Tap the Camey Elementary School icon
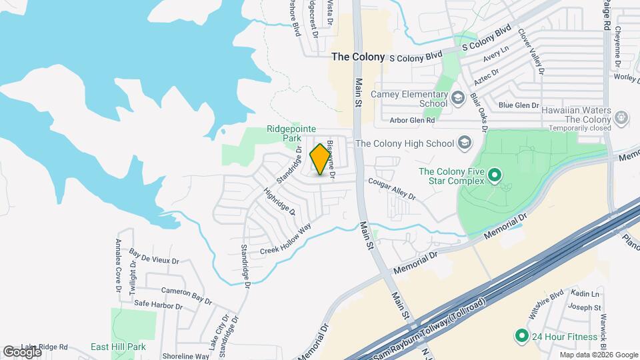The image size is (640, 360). (457, 99)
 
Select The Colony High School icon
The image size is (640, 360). (465, 143)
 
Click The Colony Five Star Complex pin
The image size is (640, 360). (494, 176)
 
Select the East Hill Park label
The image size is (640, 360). (118, 347)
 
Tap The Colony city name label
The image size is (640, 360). (358, 57)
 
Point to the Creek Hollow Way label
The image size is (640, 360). (285, 239)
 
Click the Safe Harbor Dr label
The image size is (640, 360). (158, 305)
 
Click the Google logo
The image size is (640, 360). (22, 351)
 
